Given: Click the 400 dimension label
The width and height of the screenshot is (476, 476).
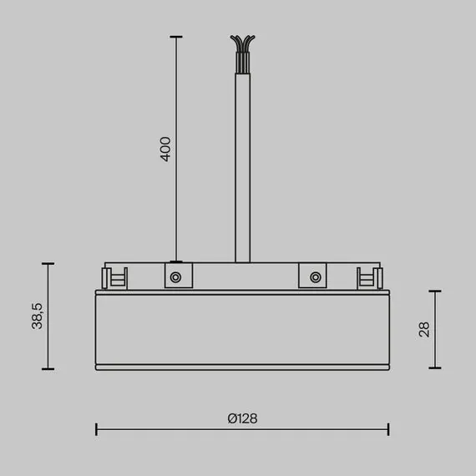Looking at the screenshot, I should coord(165,149).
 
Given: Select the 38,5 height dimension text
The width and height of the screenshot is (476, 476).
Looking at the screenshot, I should coord(37,316).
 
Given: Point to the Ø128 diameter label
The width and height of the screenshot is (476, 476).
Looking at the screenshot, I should coord(242,418).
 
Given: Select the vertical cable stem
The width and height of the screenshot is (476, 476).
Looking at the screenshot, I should coord(242,167).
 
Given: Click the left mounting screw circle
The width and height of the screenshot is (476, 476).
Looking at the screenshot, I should coord(176,276).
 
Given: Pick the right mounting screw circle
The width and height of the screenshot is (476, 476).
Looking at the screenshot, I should coord(314,276).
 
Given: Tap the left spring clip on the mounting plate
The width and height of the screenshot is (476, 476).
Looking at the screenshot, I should coord(115,277).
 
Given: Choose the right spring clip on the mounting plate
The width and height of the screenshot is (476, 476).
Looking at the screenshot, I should coord(367,277).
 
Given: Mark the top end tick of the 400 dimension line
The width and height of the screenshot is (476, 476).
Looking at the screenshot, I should coord(175,37).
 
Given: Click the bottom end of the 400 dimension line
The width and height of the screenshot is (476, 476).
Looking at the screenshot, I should coord(175,261).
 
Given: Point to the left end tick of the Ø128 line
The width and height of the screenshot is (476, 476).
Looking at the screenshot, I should coord(97,429).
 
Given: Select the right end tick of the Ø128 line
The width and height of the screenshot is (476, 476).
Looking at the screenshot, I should coord(388,429).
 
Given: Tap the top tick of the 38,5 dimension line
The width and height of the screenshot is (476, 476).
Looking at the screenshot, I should coord(48,263).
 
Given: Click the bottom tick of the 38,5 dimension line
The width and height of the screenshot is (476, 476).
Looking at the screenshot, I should coord(48,369).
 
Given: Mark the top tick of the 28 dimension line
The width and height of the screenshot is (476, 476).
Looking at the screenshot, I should coord(434,291).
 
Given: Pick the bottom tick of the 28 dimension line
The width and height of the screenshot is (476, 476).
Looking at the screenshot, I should coord(434,368).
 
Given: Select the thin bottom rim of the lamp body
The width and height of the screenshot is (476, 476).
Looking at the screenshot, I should coord(242,367).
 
